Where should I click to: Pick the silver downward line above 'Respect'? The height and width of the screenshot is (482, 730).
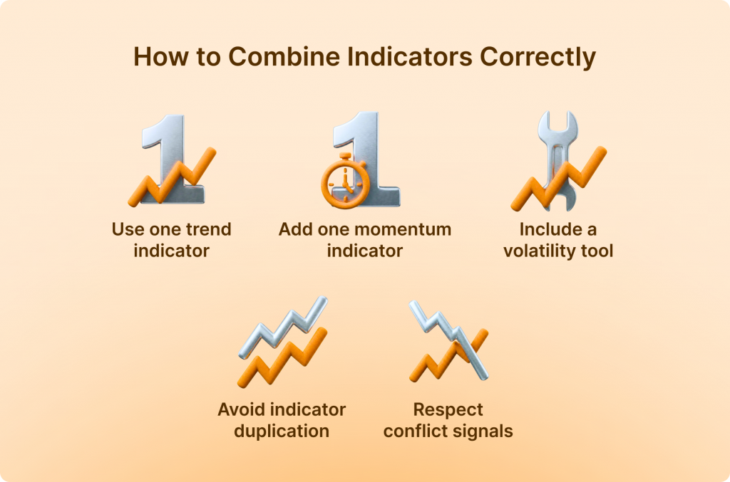449,340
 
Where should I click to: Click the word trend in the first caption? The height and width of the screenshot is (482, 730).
208,229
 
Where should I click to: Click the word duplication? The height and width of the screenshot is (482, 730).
282,431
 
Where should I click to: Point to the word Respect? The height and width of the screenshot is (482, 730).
448,410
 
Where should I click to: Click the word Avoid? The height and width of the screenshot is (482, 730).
237,409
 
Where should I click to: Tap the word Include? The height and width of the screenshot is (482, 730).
550,229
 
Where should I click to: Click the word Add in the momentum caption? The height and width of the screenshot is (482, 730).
295,229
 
